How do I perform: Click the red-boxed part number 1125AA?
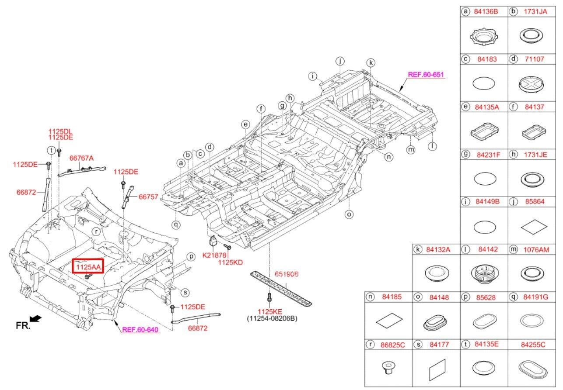click(88, 267)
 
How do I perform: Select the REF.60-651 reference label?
click(426, 75)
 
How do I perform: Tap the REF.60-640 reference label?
click(140, 330)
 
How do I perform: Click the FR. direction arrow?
click(35, 319)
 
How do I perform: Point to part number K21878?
click(214, 255)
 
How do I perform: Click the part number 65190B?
click(287, 274)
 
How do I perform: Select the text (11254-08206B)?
click(272, 318)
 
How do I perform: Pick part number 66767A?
click(81, 158)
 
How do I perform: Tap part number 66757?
click(148, 197)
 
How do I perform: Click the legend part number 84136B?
click(486, 11)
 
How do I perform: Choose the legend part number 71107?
click(535, 59)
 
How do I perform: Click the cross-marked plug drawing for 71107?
click(531, 85)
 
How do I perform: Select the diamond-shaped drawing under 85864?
click(534, 227)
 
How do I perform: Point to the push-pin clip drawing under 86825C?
click(388, 368)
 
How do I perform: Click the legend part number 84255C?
click(533, 345)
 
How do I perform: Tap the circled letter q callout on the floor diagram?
click(176, 224)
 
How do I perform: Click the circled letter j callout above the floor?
click(340, 61)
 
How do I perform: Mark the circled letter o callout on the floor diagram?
click(349, 214)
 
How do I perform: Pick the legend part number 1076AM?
click(536, 250)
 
